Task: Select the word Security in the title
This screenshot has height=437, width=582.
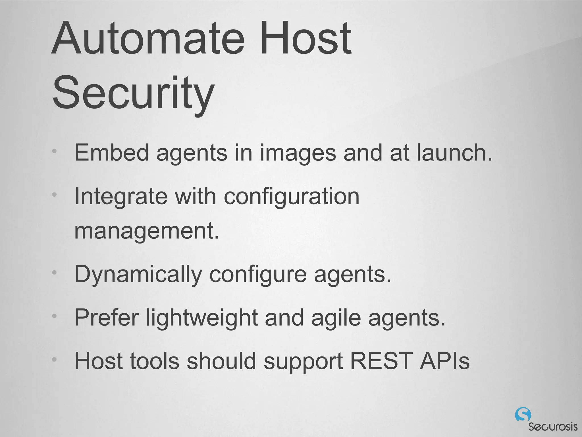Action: (x=133, y=93)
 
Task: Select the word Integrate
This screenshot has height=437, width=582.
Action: (x=121, y=197)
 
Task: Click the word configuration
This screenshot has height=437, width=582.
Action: (x=292, y=197)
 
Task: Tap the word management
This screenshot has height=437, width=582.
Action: (x=147, y=231)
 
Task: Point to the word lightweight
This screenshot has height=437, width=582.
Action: (x=202, y=318)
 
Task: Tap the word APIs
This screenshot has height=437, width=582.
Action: (x=444, y=361)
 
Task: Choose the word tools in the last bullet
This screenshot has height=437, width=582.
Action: (x=155, y=361)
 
